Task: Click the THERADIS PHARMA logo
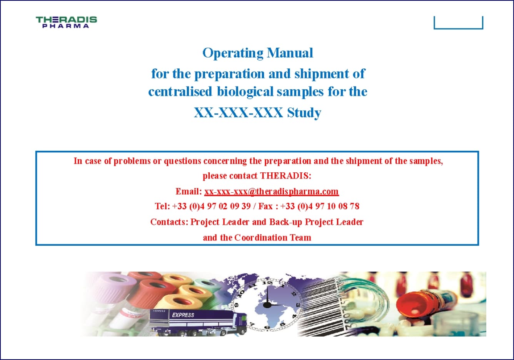tap(66, 22)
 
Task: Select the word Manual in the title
tap(290, 53)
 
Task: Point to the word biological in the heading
tap(245, 92)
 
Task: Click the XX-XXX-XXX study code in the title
tap(238, 112)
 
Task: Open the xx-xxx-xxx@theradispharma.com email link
tap(272, 192)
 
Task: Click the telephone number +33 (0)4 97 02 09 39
tap(211, 206)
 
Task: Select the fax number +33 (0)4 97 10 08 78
tap(320, 206)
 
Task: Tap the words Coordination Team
tap(273, 237)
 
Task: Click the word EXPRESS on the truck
tap(183, 315)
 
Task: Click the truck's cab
tap(239, 323)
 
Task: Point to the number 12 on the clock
tap(267, 283)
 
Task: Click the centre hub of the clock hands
tap(267, 305)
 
